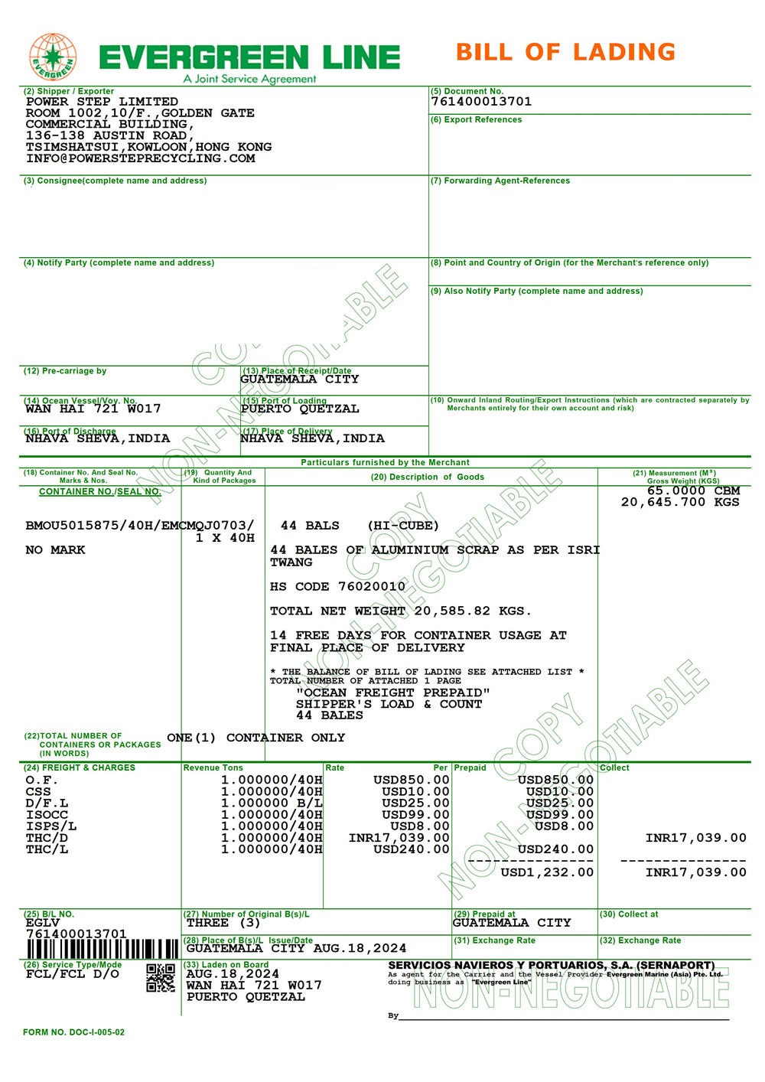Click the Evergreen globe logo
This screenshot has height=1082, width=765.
(x=53, y=57)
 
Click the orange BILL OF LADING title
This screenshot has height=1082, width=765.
(x=565, y=52)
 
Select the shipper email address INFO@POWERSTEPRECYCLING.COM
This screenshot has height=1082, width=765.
(x=140, y=158)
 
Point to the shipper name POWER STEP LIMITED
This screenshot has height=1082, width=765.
(x=102, y=102)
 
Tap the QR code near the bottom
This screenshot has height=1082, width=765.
(x=161, y=977)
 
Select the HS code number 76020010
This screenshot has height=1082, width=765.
(x=369, y=587)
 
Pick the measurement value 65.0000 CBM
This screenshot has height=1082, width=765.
(x=693, y=491)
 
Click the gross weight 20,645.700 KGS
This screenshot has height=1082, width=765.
(x=680, y=503)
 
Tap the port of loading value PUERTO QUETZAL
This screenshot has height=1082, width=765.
(x=300, y=409)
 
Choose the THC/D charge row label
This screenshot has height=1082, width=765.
(x=47, y=838)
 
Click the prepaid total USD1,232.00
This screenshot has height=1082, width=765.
(x=546, y=872)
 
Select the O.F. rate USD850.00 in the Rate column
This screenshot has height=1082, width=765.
(x=411, y=781)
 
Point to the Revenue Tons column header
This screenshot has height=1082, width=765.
(x=213, y=768)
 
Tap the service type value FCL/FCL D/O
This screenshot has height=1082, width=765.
(x=73, y=974)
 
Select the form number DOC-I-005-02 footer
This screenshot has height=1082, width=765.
(x=73, y=1032)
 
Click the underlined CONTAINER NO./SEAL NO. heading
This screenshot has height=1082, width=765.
(x=99, y=491)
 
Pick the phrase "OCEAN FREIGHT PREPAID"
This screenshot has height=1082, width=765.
(x=393, y=693)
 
